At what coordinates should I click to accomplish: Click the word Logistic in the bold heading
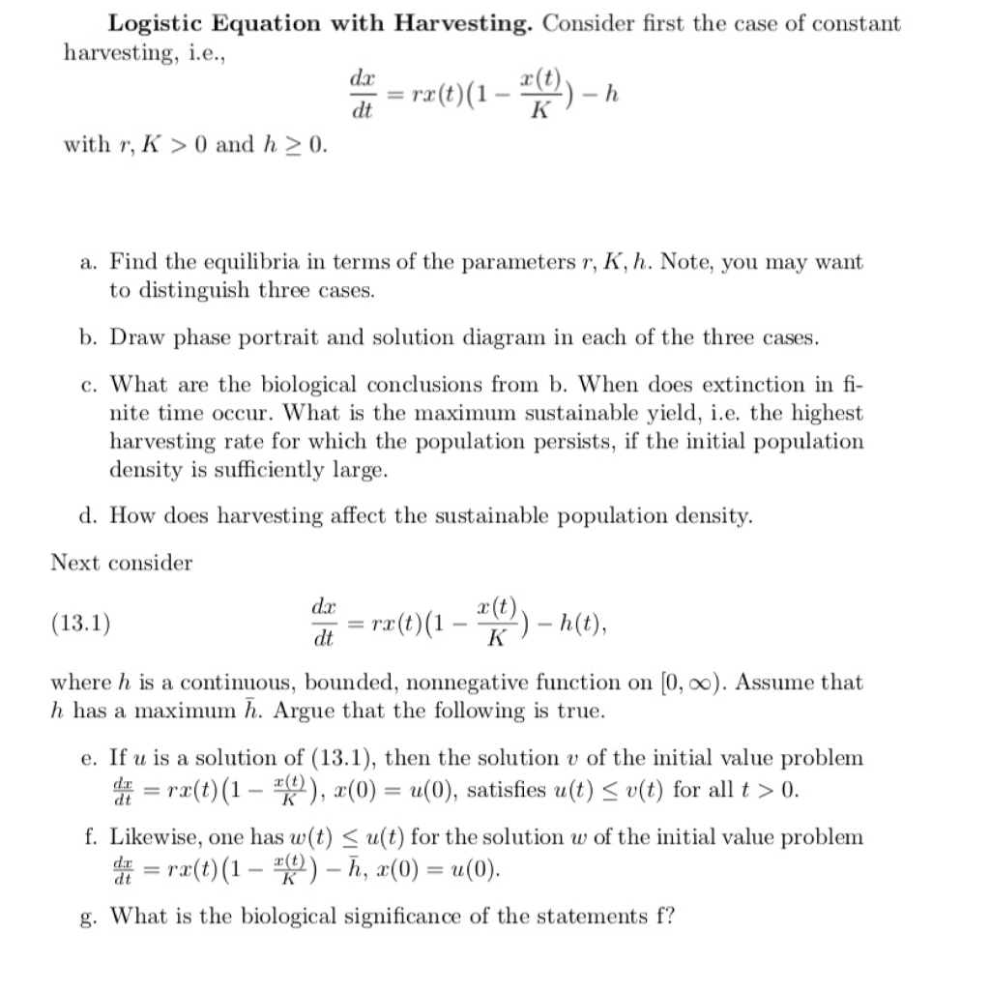pos(153,24)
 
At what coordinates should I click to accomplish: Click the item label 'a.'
pos(89,262)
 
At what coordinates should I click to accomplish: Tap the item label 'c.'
pos(89,385)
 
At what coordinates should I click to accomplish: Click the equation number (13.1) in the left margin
pos(80,623)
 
